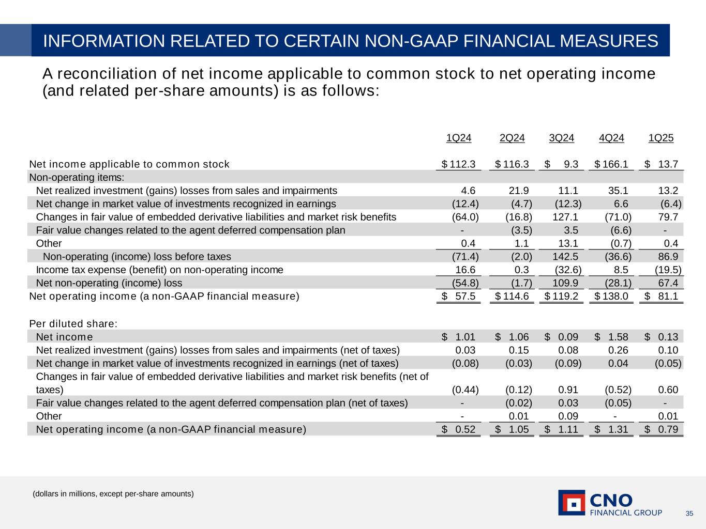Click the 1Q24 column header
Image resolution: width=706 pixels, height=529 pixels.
coord(459,138)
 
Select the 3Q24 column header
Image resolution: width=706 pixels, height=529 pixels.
coord(561,138)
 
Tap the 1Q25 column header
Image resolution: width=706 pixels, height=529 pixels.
coord(661,138)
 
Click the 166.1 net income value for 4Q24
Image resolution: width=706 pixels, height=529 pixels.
coord(615,164)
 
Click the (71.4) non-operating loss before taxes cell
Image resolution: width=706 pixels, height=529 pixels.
coord(465,257)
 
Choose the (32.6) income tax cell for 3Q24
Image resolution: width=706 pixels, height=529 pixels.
coord(568,270)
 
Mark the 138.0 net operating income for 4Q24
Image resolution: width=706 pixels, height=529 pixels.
coord(615,297)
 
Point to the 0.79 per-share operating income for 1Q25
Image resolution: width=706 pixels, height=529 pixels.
coord(668,429)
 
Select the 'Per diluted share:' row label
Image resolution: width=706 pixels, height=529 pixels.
coord(73,324)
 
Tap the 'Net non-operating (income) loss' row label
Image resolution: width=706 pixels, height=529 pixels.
coord(109,283)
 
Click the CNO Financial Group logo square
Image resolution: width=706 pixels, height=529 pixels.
coord(572,503)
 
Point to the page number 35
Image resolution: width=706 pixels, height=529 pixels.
coord(689,514)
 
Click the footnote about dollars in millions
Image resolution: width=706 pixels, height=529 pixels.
coord(113,494)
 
